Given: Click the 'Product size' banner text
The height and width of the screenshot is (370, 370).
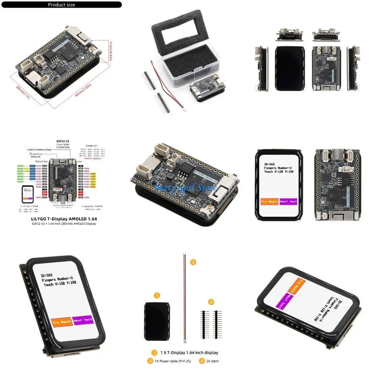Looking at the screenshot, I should [x=61, y=5].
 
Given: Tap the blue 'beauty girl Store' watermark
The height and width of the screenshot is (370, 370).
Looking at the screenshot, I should [x=185, y=187].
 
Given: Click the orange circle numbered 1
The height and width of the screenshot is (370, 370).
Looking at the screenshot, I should [x=157, y=296].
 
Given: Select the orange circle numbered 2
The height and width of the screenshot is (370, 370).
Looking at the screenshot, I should [x=193, y=262].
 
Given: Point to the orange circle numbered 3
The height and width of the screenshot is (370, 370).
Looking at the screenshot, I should [x=211, y=302].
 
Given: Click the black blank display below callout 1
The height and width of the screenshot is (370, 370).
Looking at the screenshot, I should [x=156, y=321].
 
